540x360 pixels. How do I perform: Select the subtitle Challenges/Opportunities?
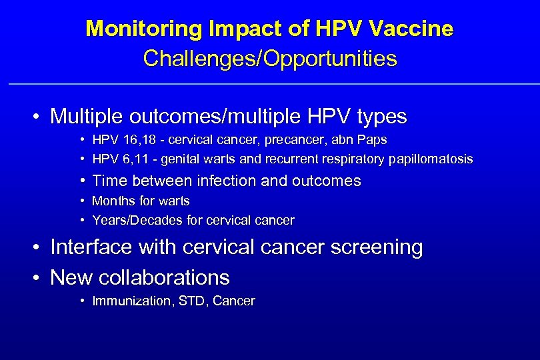(x=270, y=59)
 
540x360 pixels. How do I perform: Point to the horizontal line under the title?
(x=270, y=84)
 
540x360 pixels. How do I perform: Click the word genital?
(x=175, y=159)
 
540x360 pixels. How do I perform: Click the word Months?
(x=111, y=201)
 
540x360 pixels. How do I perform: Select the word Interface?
(x=91, y=247)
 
